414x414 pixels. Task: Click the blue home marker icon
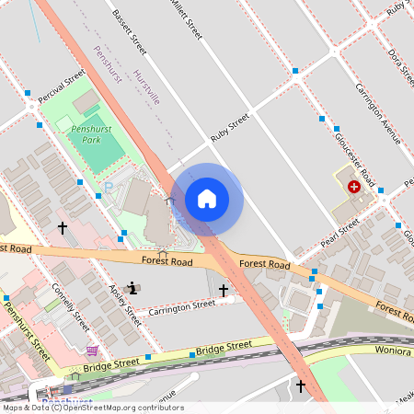(207, 199)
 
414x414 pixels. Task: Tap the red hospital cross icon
(354, 187)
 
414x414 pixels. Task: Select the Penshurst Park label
(91, 136)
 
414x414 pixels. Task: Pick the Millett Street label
(185, 20)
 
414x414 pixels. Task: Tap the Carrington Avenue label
(378, 112)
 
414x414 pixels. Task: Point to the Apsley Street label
(126, 305)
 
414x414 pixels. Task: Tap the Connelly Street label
(71, 306)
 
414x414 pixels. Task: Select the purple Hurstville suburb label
(147, 87)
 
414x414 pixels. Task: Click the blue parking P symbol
(108, 188)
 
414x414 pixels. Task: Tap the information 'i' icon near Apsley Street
(134, 288)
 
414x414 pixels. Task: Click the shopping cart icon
(91, 351)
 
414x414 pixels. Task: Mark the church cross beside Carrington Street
(223, 290)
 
